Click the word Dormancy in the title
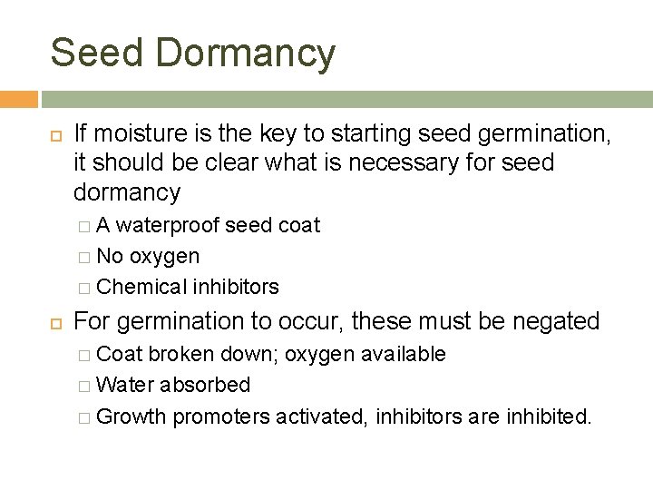tap(246, 54)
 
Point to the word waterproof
tap(168, 225)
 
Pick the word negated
tap(556, 321)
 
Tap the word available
tap(403, 354)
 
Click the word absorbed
tap(206, 385)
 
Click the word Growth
tap(132, 416)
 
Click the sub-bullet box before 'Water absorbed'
tap(84, 386)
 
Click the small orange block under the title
tap(18, 99)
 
